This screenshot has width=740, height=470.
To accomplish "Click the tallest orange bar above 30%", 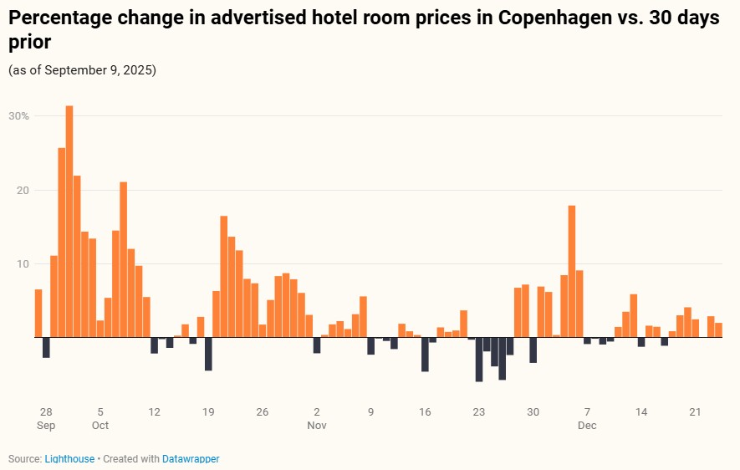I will point(69,222).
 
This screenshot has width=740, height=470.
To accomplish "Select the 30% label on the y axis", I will point(19,116).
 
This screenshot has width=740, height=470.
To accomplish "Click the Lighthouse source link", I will point(69,459).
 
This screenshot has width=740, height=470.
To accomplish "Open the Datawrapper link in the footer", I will point(191,459).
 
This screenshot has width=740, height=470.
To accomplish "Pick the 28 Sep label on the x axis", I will point(46,418).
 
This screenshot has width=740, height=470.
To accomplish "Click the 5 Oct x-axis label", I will point(100,418).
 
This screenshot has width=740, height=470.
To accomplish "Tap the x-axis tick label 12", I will point(154,412).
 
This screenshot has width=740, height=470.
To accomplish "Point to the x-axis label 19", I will point(208,412).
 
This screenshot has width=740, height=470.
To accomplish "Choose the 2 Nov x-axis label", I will point(316,418).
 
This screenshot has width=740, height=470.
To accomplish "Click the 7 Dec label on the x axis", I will point(587,418).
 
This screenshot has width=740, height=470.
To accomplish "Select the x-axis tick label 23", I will point(479,412).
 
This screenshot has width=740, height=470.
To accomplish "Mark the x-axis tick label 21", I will point(695,412).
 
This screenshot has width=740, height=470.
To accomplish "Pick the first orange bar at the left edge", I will point(38,314).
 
